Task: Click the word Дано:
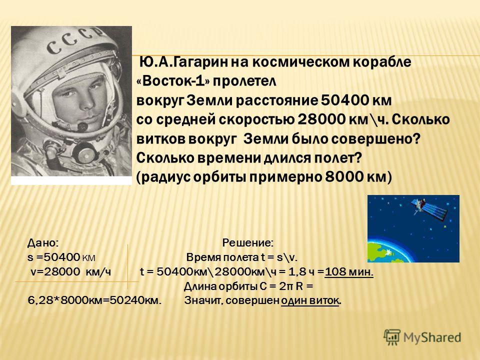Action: point(43,243)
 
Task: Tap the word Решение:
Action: point(247,243)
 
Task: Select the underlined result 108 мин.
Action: point(349,272)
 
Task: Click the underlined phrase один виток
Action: point(310,301)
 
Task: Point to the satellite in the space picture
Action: point(428,209)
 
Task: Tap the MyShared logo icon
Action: point(392,337)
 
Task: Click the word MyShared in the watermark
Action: point(432,338)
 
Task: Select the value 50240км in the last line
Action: point(135,301)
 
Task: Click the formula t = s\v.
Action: point(279,257)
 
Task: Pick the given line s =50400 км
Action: point(61,257)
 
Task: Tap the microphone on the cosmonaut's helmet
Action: point(81,125)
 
